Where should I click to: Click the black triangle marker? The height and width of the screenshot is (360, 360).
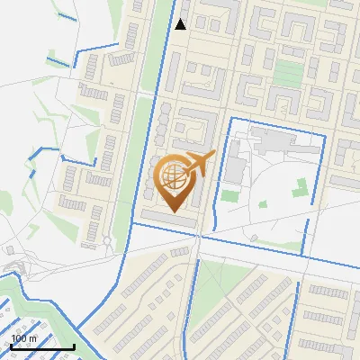(x=180, y=24)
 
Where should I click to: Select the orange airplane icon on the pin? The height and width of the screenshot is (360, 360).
(x=199, y=164)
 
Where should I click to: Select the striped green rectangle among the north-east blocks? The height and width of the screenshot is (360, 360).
(x=289, y=72)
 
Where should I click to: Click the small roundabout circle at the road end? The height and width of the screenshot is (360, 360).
(x=107, y=240)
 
